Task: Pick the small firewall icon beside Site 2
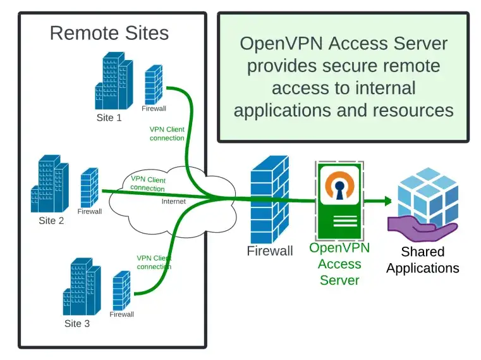click(x=90, y=187)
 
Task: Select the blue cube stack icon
click(x=427, y=192)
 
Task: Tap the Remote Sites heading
click(x=109, y=33)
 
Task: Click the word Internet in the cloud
click(x=174, y=202)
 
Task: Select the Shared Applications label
click(x=422, y=260)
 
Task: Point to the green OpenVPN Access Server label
click(x=339, y=264)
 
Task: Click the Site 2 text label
click(x=51, y=221)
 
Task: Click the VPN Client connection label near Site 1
click(x=167, y=133)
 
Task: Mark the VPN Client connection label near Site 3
click(x=154, y=262)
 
